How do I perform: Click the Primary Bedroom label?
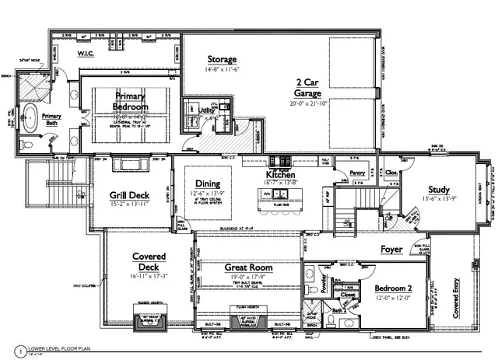(129, 102)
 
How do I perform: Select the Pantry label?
(357, 173)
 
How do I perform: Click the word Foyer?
(391, 250)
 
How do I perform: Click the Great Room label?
(247, 267)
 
